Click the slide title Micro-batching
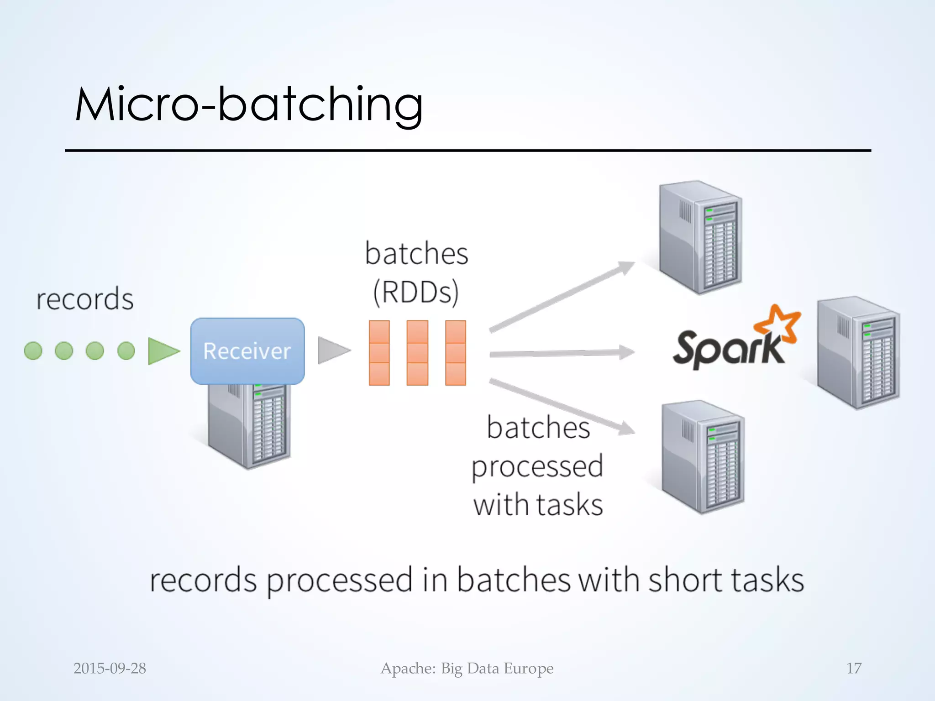[249, 105]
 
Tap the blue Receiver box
[247, 351]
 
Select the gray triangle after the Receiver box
[333, 350]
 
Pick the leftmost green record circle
[33, 351]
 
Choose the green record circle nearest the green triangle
[126, 351]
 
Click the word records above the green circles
[85, 299]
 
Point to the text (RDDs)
[416, 292]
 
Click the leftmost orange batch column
[379, 353]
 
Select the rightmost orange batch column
[455, 353]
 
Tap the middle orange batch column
[417, 353]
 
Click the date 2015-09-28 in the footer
[110, 668]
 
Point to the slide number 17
[854, 668]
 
